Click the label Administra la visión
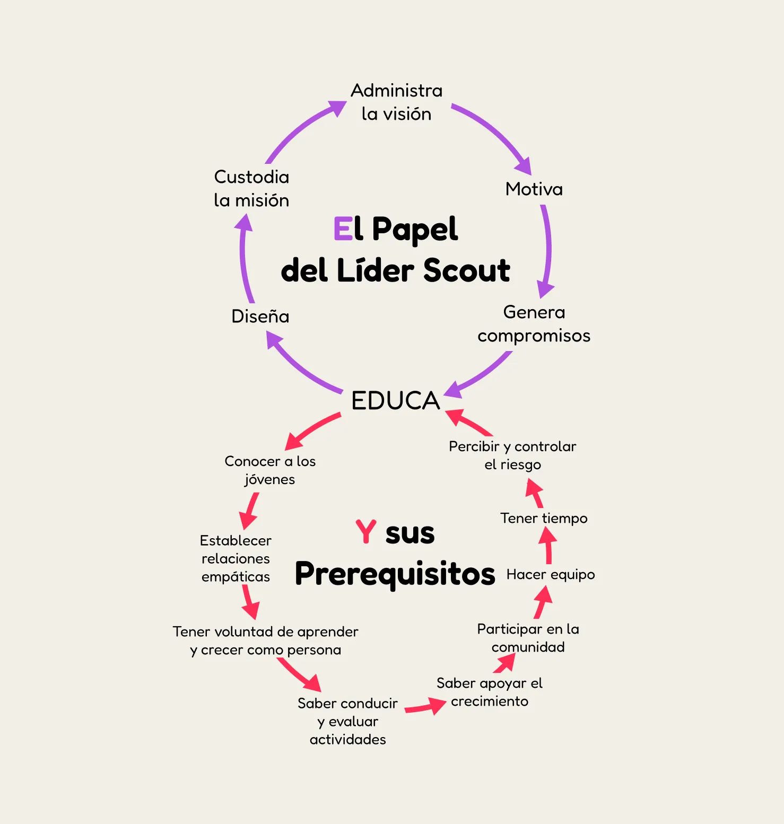pyautogui.click(x=396, y=102)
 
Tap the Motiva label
pyautogui.click(x=534, y=189)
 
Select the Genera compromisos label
pyautogui.click(x=534, y=323)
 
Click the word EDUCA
pyautogui.click(x=396, y=401)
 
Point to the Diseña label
pyautogui.click(x=260, y=317)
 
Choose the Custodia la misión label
pyautogui.click(x=251, y=188)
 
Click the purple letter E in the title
pyautogui.click(x=343, y=229)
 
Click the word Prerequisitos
pyautogui.click(x=395, y=574)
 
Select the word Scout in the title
pyautogui.click(x=466, y=270)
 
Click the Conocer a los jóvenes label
pyautogui.click(x=270, y=470)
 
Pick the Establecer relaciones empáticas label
pyautogui.click(x=236, y=558)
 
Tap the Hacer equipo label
pyautogui.click(x=551, y=575)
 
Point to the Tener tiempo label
pyautogui.click(x=544, y=518)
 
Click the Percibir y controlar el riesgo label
pyautogui.click(x=512, y=455)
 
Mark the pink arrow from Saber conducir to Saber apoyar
pyautogui.click(x=424, y=707)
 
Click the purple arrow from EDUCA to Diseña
pyautogui.click(x=302, y=366)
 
